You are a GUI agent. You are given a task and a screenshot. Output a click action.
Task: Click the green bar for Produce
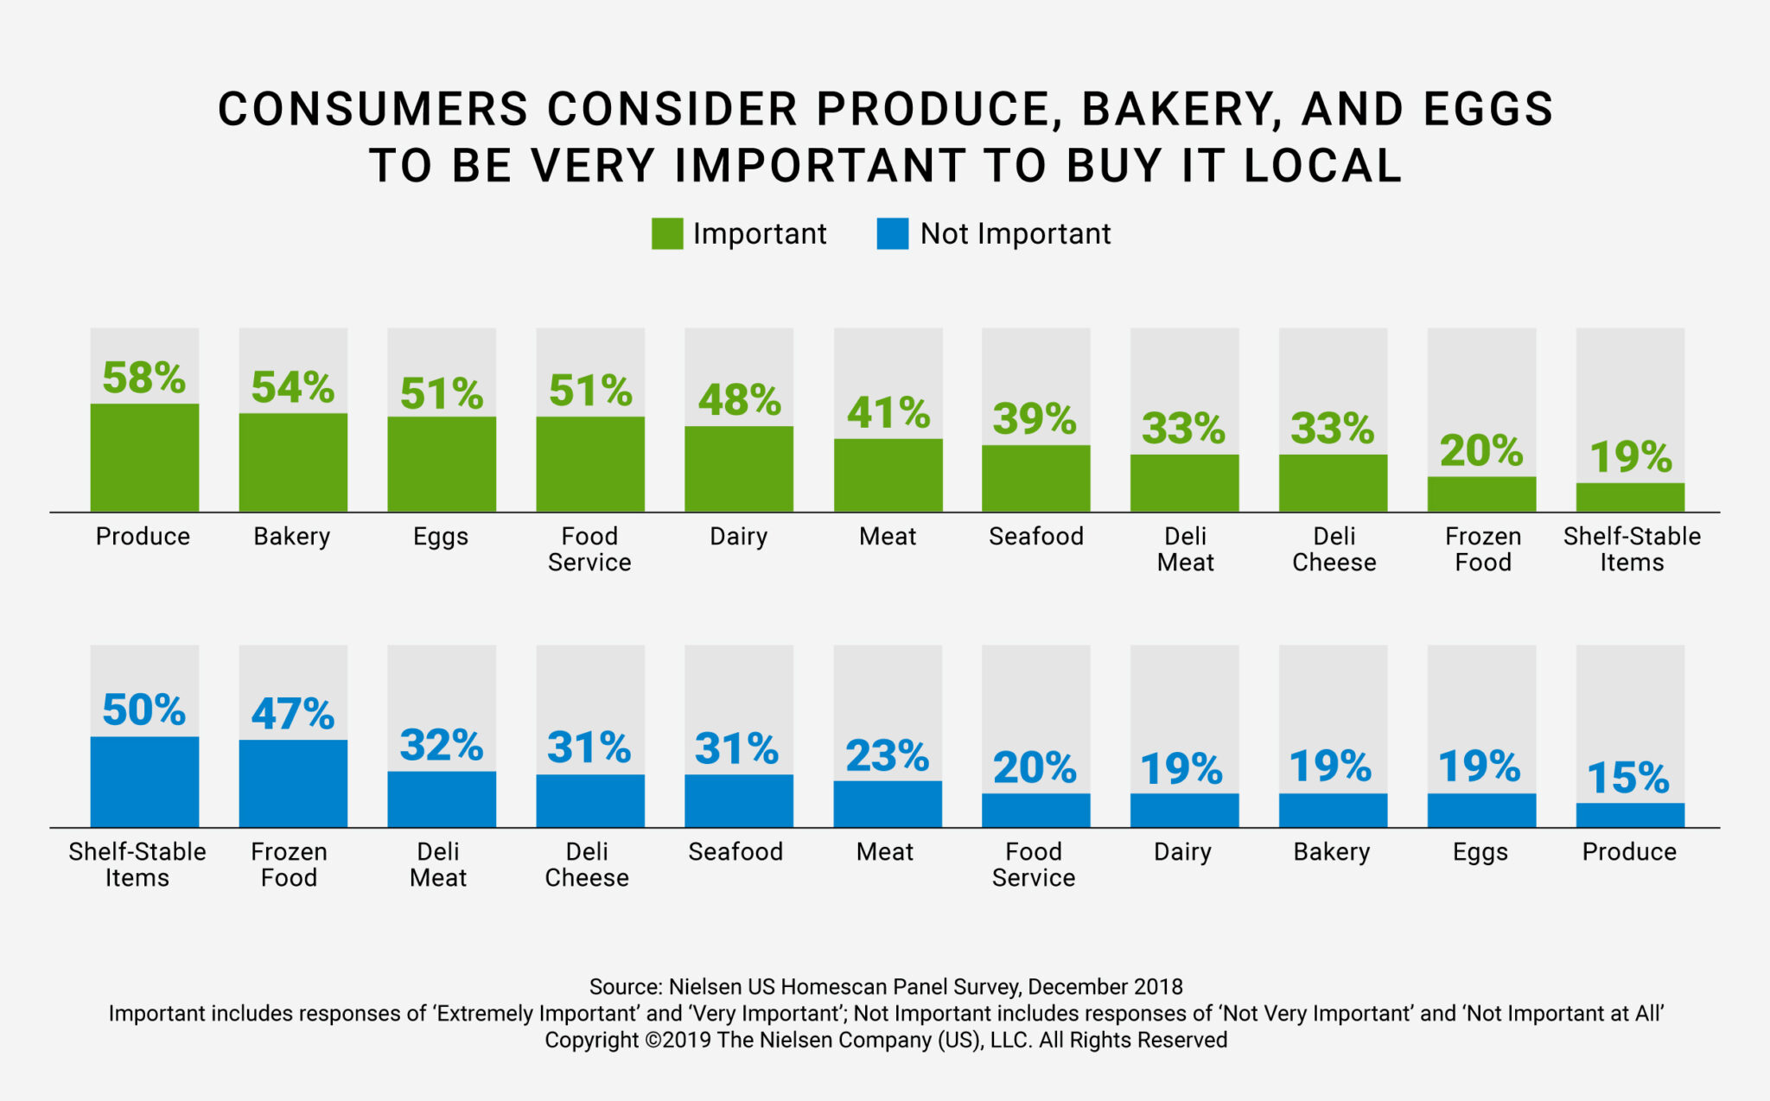pyautogui.click(x=144, y=458)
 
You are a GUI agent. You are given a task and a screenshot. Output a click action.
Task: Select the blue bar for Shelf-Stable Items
pyautogui.click(x=144, y=782)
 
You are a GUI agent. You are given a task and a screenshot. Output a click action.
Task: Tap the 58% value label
pyautogui.click(x=143, y=378)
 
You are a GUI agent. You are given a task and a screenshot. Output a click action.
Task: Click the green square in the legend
pyautogui.click(x=666, y=234)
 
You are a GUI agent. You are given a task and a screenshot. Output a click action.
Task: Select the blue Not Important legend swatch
pyautogui.click(x=892, y=234)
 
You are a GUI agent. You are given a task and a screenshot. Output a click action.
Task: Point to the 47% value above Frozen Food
pyautogui.click(x=292, y=714)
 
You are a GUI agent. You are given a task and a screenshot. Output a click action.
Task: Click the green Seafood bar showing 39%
pyautogui.click(x=1035, y=479)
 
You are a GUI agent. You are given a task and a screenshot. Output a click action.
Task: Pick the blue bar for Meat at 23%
pyautogui.click(x=888, y=805)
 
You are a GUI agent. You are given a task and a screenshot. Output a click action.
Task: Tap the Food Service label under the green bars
pyautogui.click(x=589, y=549)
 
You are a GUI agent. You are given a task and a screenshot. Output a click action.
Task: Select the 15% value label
pyautogui.click(x=1628, y=778)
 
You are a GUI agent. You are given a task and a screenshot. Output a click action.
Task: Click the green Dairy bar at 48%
pyautogui.click(x=739, y=469)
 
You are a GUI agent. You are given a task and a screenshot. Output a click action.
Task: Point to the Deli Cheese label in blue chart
pyautogui.click(x=587, y=864)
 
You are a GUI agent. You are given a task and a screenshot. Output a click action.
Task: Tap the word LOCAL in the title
pyautogui.click(x=1322, y=166)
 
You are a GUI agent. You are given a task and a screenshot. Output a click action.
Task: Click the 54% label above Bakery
pyautogui.click(x=292, y=387)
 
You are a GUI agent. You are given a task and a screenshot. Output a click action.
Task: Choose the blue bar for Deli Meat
pyautogui.click(x=442, y=799)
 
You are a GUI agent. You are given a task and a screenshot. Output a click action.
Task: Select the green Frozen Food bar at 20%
pyautogui.click(x=1481, y=494)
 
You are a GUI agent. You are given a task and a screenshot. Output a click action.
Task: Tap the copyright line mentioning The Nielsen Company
pyautogui.click(x=885, y=1040)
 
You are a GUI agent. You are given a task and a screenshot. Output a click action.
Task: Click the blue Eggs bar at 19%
pyautogui.click(x=1481, y=811)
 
